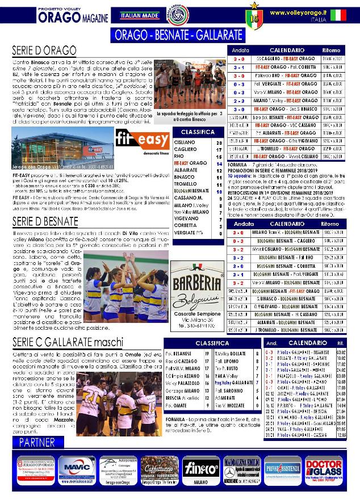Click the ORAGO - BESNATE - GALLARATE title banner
[178, 35]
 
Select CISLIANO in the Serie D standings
[185, 142]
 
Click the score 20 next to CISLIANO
[219, 142]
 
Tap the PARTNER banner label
[37, 442]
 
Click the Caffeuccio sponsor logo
[157, 469]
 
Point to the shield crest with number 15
[253, 18]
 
